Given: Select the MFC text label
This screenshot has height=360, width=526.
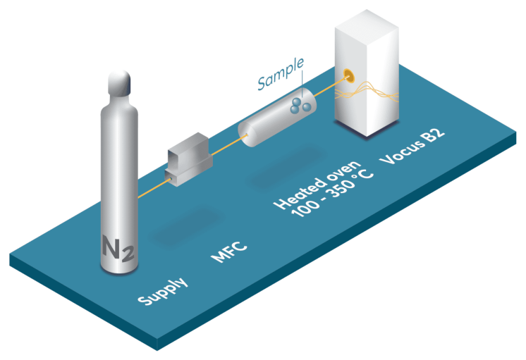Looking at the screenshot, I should point(229,252).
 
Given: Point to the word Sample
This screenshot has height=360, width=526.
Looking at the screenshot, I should point(280,76).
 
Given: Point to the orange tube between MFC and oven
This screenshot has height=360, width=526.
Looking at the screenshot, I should point(225,144).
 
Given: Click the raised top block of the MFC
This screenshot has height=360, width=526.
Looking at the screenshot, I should point(188,146).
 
